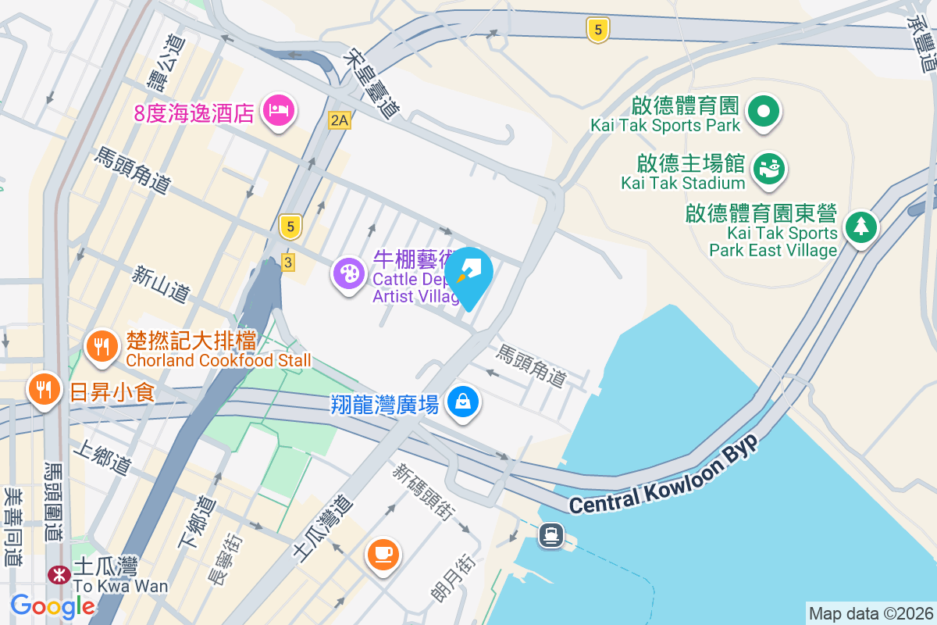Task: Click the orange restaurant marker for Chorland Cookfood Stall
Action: [x=101, y=346]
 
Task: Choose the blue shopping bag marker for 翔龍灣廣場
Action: [x=463, y=402]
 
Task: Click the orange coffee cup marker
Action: [x=383, y=554]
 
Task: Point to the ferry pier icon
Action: [x=551, y=534]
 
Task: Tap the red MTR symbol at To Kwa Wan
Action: [x=59, y=575]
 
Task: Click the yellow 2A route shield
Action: [x=339, y=120]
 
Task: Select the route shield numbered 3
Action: [x=288, y=262]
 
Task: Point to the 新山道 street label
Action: [x=161, y=284]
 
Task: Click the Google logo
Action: [x=52, y=605]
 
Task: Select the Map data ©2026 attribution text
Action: [x=871, y=613]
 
